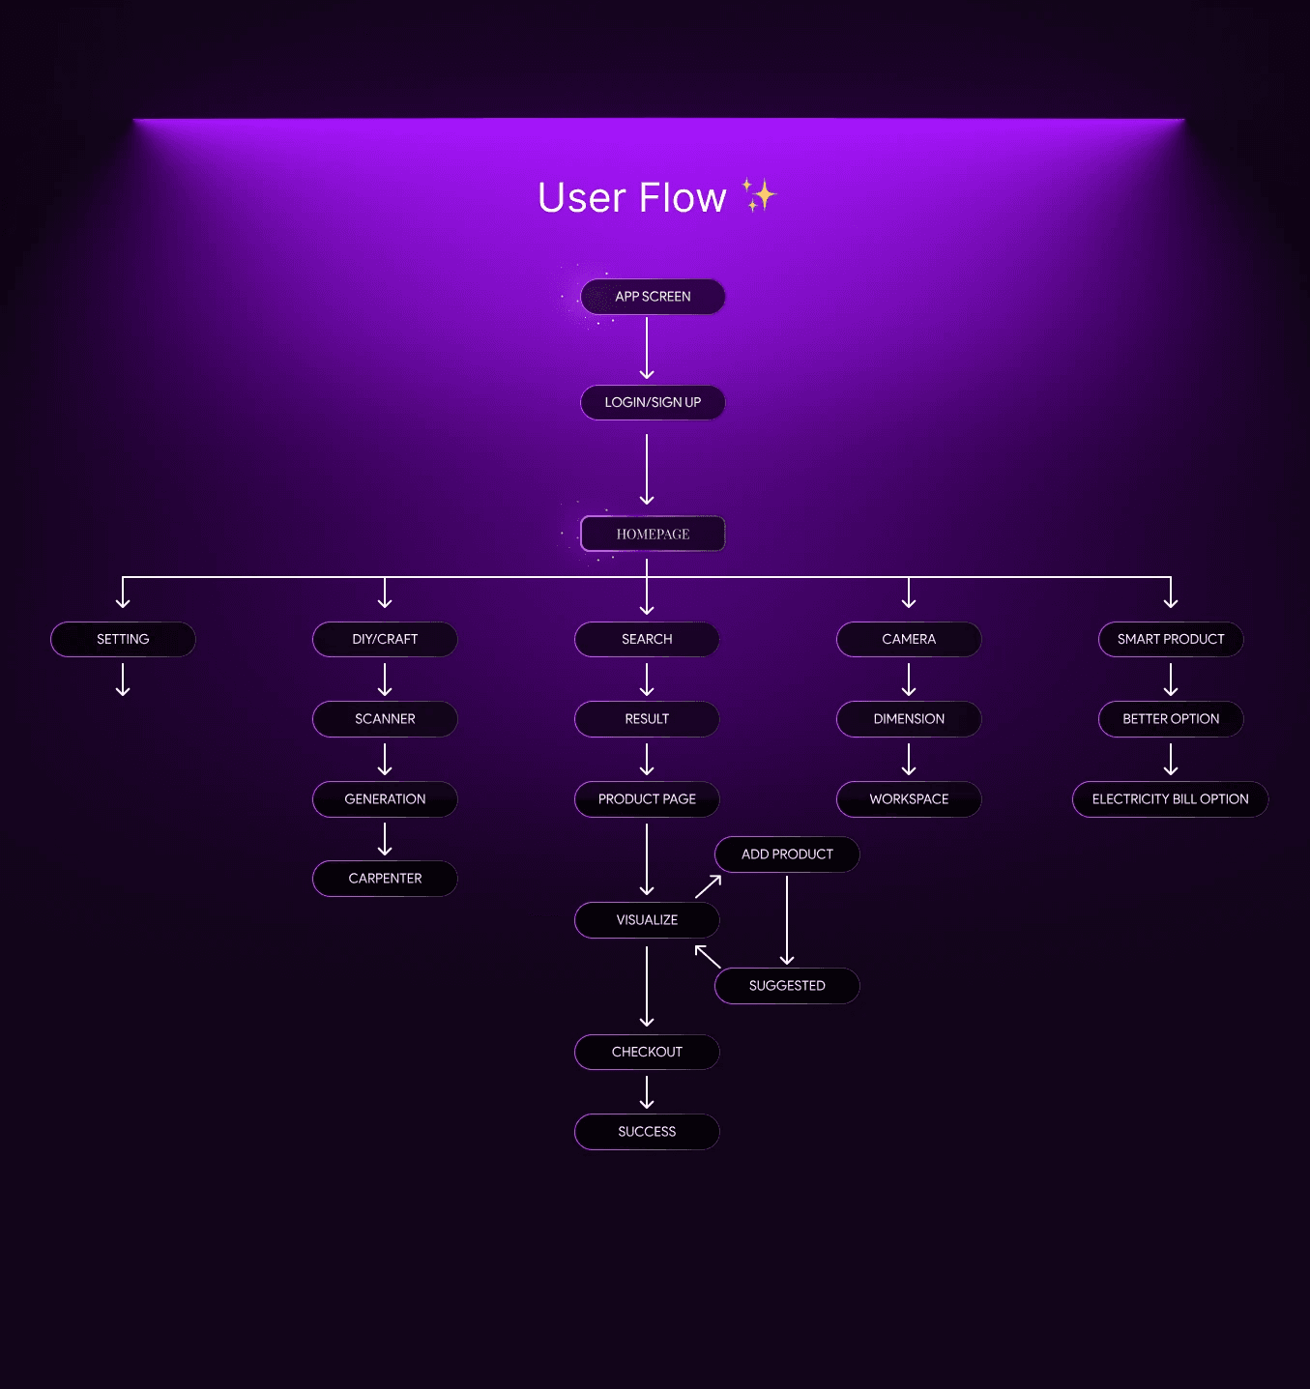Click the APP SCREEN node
pos(653,297)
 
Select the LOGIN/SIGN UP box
pos(653,402)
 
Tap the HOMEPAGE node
pos(653,534)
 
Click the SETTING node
pos(123,639)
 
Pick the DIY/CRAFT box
pos(385,639)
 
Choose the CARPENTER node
pos(385,879)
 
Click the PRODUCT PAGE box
pos(647,799)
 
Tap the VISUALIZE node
pos(647,920)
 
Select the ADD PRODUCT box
pos(787,854)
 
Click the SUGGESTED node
pos(787,986)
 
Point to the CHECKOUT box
pos(647,1052)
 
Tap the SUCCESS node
pos(647,1132)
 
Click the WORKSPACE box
pos(909,799)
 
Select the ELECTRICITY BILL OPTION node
pos(1170,799)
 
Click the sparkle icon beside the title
pos(760,194)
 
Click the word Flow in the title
pos(683,198)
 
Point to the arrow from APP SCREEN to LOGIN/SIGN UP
pos(647,348)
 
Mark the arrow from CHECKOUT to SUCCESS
pos(647,1092)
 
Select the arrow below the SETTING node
pos(123,680)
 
